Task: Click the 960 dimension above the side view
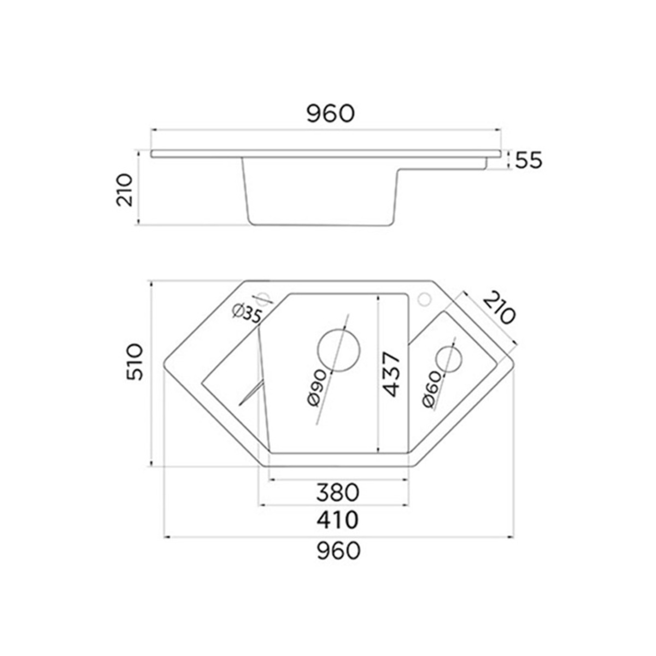[x=331, y=114]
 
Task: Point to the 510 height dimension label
[x=134, y=362]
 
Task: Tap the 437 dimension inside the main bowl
[x=389, y=375]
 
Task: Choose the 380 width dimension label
[x=338, y=492]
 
